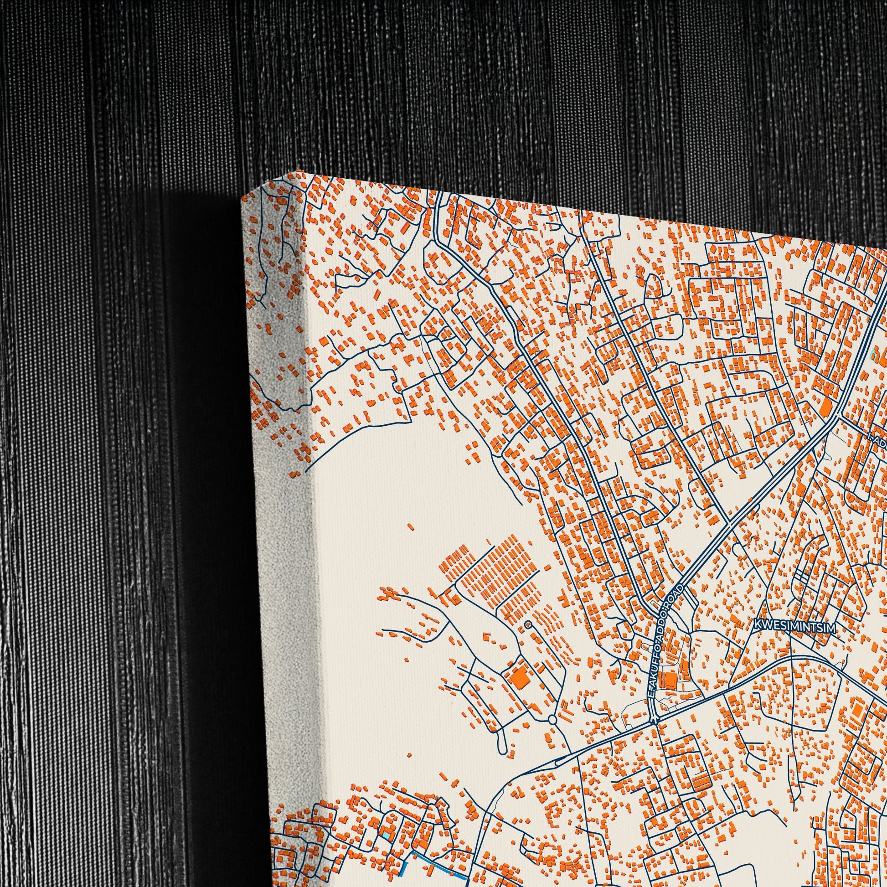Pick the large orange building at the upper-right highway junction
click(825, 404)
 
